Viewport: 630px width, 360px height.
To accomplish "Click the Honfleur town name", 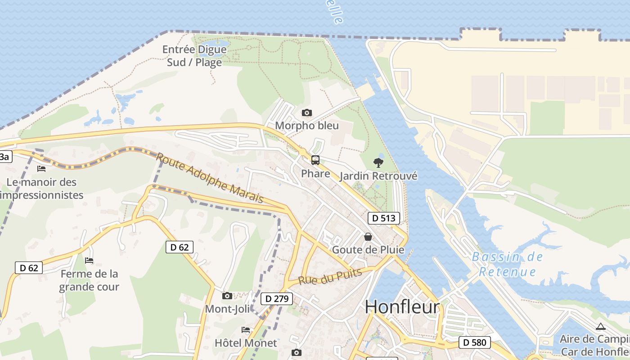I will pos(402,307).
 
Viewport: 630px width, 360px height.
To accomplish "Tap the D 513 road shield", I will pos(384,219).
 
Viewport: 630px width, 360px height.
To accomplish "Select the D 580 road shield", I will pos(475,342).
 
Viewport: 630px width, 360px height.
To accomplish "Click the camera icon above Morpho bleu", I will pos(307,113).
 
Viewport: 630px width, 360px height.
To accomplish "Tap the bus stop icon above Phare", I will pos(315,160).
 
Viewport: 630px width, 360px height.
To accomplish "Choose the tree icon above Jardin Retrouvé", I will pos(378,163).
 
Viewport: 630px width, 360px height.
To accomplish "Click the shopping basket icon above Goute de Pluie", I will pos(368,237).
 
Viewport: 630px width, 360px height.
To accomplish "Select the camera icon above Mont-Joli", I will pos(227,296).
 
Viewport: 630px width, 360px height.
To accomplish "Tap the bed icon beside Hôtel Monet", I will pos(246,330).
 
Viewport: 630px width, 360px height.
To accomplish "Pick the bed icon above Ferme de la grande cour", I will pos(89,261).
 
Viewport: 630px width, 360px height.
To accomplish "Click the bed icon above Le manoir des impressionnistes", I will pos(41,169).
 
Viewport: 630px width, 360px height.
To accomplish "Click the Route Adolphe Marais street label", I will pos(210,178).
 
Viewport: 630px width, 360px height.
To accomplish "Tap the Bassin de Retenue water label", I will pos(507,264).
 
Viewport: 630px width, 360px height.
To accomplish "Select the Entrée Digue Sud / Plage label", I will pos(194,56).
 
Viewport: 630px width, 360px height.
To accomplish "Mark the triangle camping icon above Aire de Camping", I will pos(600,327).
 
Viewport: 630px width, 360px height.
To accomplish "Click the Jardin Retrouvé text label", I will pos(378,176).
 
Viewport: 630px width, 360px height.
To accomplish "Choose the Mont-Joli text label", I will pos(228,309).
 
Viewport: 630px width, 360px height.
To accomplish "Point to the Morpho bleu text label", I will pos(307,126).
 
